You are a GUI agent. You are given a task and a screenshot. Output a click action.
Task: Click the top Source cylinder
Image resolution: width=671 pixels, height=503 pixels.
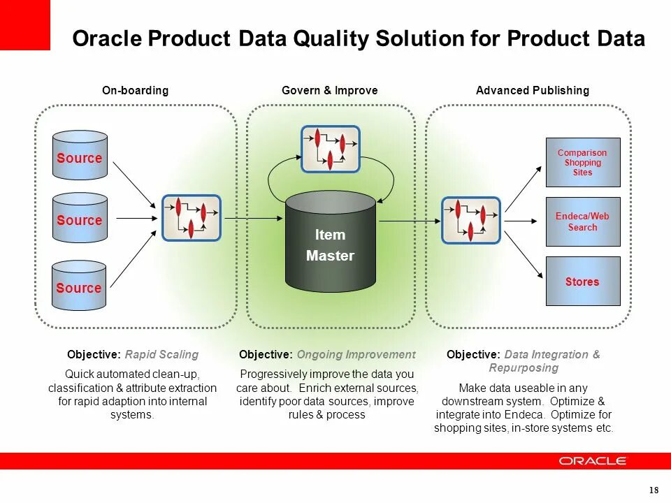point(80,155)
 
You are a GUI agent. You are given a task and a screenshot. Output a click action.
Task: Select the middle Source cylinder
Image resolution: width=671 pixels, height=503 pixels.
point(80,218)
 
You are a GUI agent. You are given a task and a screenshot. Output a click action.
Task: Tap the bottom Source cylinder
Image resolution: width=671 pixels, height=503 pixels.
point(80,285)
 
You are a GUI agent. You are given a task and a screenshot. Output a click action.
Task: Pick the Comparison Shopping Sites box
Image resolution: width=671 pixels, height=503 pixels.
point(582,162)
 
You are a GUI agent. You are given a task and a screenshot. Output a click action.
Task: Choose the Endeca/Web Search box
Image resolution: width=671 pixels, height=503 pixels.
point(582,221)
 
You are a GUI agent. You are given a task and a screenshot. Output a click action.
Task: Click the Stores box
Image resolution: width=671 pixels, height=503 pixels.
point(582,282)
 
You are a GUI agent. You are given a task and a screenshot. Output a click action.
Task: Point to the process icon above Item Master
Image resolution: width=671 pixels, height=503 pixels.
point(330,149)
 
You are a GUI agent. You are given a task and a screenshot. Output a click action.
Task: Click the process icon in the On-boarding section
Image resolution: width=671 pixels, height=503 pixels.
point(192,218)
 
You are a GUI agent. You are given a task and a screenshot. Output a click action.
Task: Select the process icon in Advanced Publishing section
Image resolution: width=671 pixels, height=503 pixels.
point(470,220)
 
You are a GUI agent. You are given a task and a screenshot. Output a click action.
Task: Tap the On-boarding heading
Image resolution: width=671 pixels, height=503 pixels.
point(135,90)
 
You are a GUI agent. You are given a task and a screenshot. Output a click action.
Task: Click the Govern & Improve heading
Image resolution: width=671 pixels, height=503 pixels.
point(329,90)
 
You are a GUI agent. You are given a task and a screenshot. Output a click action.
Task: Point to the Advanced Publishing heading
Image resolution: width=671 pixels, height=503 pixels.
point(532,90)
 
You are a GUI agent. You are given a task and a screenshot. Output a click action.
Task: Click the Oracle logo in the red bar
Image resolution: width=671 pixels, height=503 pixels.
point(593,461)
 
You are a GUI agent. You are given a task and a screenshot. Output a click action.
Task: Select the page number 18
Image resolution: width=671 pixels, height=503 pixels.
point(654,489)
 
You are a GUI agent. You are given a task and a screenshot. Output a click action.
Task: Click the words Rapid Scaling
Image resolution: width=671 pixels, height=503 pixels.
point(161,354)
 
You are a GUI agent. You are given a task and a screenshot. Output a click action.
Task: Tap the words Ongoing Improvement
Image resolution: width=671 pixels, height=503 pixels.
point(356,354)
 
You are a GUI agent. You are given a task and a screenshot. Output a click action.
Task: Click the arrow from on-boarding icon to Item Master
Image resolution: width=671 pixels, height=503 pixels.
point(254,219)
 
